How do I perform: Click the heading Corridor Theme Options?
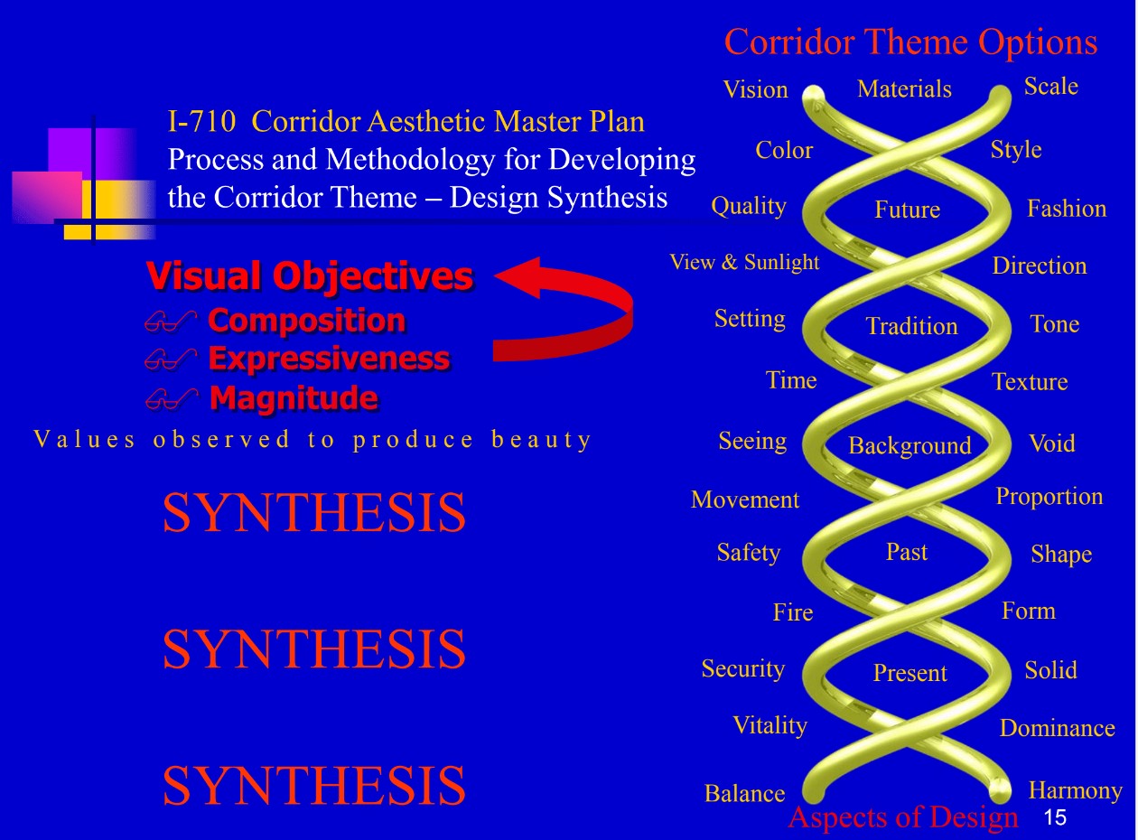[910, 42]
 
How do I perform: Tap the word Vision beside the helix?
[755, 89]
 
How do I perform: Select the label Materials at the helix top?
[904, 89]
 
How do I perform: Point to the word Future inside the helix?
[907, 210]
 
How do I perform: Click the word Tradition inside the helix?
[911, 326]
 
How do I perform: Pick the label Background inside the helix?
[909, 445]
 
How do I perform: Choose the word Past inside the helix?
[906, 552]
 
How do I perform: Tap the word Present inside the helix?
[909, 673]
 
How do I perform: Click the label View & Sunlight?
[744, 262]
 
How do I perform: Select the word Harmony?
[1075, 791]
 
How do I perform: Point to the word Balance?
[744, 794]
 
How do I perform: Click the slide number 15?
[1054, 818]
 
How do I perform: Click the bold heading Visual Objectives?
[309, 276]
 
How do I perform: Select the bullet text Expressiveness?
[329, 359]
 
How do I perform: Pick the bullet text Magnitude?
[294, 397]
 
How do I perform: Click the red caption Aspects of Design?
[902, 817]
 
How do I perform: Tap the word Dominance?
[1057, 728]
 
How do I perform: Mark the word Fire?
[792, 612]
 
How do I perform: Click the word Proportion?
[1049, 497]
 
